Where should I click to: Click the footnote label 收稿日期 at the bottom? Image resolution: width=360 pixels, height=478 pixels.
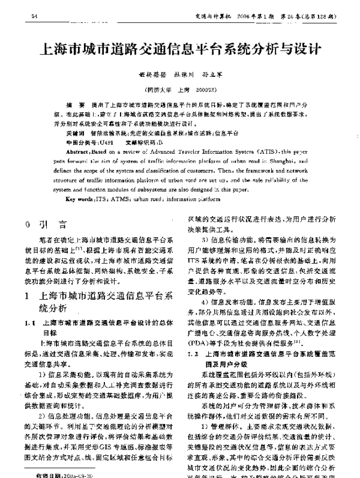(48, 473)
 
